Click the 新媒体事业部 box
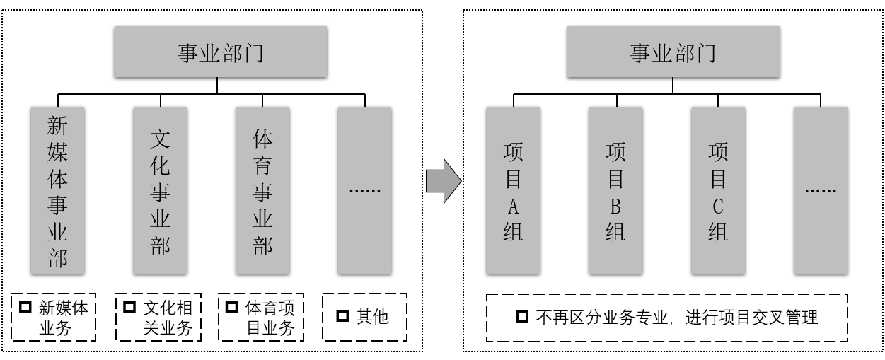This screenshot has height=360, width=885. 58,190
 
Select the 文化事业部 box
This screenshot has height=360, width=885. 160,190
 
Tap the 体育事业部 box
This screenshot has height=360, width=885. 263,190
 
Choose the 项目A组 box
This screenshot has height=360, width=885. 513,190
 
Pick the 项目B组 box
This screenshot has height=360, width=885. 615,190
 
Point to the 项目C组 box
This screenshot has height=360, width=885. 718,190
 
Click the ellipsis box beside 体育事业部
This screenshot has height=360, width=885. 365,190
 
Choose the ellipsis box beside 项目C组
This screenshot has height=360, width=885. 821,190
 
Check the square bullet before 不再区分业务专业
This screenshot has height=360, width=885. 522,317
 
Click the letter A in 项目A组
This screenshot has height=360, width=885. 513,206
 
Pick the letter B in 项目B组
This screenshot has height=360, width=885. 615,206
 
